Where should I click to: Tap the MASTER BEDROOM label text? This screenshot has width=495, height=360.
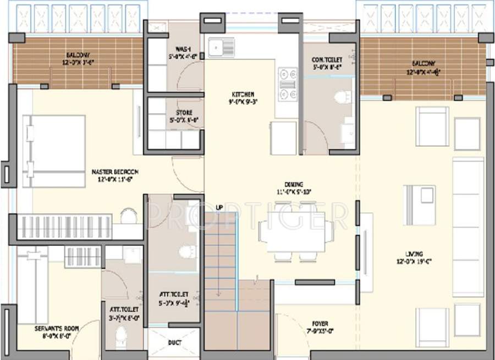[x=114, y=172]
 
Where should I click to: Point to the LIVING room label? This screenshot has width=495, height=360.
[x=414, y=254]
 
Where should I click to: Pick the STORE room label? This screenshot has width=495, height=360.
[x=184, y=113]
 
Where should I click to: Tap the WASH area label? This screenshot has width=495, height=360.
[x=183, y=48]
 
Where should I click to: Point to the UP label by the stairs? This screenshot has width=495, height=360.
[x=219, y=207]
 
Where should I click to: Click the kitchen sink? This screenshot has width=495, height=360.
[x=223, y=47]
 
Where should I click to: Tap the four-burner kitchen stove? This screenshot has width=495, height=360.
[x=287, y=84]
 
